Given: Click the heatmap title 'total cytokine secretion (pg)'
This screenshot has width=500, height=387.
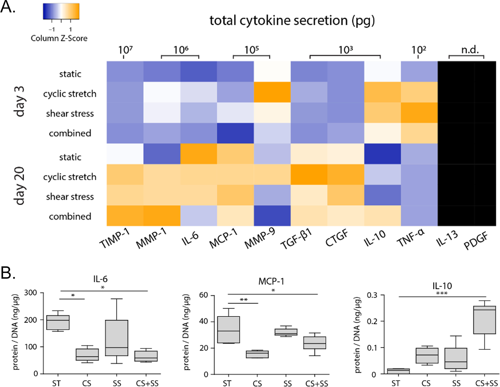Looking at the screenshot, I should (292, 20).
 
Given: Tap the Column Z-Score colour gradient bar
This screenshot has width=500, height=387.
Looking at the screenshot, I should (61, 11).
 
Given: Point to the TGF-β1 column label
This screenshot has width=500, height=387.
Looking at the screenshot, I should (296, 239).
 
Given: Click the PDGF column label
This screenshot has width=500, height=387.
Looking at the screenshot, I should (476, 240).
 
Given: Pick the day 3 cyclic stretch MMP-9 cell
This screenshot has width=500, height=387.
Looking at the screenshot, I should (272, 92).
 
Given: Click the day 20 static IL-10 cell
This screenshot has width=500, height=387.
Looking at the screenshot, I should (382, 154).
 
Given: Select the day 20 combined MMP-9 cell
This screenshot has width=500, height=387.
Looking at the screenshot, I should (272, 216).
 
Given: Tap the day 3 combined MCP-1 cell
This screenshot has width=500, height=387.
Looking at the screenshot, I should (235, 133).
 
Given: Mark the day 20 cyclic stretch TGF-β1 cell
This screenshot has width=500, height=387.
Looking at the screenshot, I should (309, 174).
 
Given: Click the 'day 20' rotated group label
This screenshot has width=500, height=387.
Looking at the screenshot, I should (19, 186).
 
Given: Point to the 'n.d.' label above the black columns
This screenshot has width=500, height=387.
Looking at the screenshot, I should (470, 50).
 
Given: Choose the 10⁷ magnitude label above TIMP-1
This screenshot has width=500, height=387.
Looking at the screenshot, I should (125, 50).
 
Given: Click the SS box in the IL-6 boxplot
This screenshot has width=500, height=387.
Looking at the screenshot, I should (116, 338).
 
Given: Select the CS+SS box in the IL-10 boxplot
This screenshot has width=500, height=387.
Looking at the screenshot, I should (484, 320).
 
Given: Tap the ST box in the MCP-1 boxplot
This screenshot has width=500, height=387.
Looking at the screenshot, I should (228, 329).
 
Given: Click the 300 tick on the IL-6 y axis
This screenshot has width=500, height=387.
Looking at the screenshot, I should (30, 292).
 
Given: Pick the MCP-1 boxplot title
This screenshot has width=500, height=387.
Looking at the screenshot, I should (271, 281).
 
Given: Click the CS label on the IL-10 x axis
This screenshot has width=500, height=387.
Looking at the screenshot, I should (426, 383).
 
